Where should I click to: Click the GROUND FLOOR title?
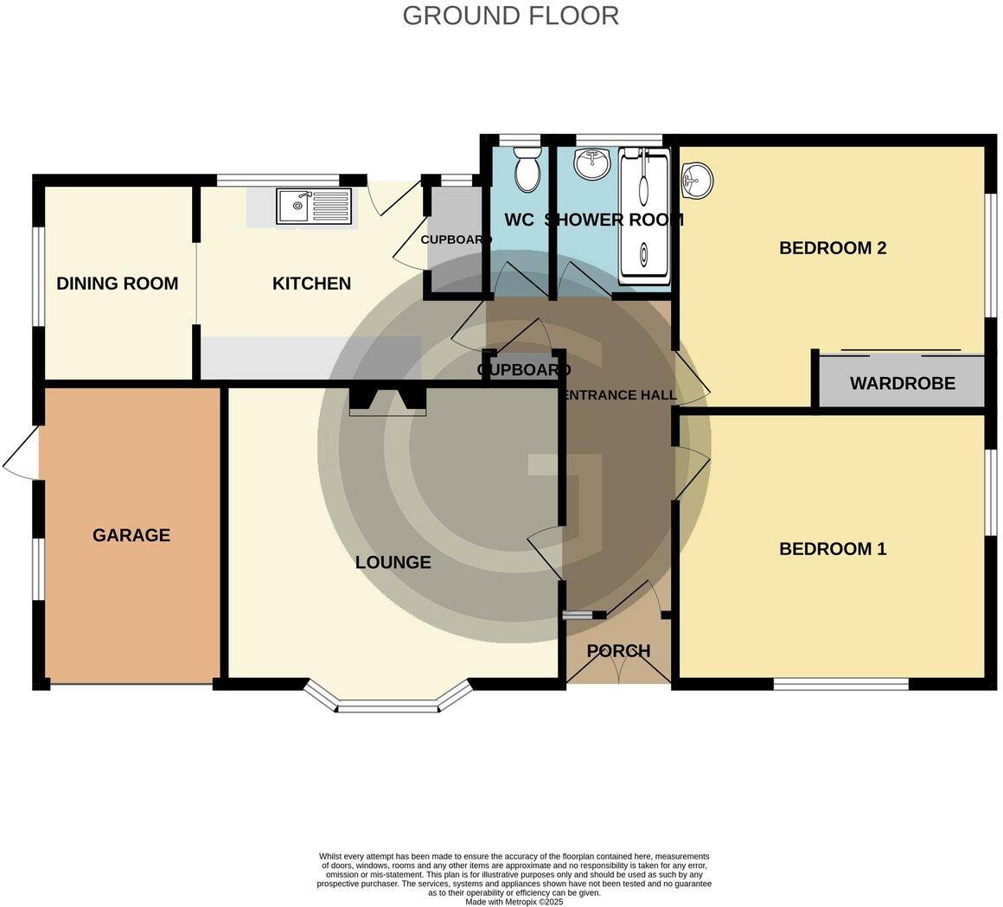tap(510, 16)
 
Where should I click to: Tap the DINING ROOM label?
tap(117, 284)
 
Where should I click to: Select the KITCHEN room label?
tap(311, 284)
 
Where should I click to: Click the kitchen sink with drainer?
tap(314, 207)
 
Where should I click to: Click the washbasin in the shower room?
tap(591, 165)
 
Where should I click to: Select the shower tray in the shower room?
tap(644, 216)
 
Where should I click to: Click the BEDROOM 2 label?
tap(832, 248)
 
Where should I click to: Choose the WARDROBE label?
tap(902, 383)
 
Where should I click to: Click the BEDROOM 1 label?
tap(832, 549)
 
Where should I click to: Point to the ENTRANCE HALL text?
tap(619, 396)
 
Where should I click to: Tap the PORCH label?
tap(618, 651)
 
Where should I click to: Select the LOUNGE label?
tap(393, 563)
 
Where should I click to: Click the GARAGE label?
tap(131, 535)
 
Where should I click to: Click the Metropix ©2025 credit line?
tap(514, 901)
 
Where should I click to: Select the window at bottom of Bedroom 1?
tap(840, 684)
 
